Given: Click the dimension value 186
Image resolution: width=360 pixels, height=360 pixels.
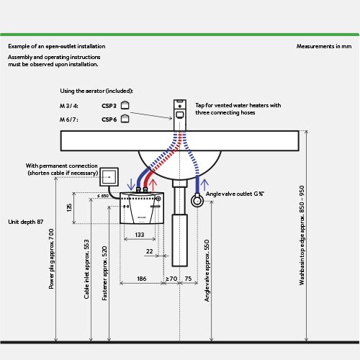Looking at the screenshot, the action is click(x=142, y=279).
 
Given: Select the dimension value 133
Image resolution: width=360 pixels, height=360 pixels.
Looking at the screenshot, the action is click(x=140, y=235).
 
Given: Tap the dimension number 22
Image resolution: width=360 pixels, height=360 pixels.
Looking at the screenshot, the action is click(x=149, y=251).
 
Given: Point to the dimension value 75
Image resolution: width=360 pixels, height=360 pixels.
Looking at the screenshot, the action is click(x=188, y=279).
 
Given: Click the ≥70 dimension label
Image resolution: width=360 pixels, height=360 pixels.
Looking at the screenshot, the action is click(x=171, y=279).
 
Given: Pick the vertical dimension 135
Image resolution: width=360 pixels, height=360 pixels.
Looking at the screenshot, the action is click(x=69, y=207).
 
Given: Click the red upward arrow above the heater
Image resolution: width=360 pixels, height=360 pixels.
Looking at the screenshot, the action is click(x=153, y=185).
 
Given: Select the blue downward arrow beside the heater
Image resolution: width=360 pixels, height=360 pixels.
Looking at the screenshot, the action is click(x=131, y=184).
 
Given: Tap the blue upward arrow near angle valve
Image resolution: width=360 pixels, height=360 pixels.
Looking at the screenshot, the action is click(x=204, y=185).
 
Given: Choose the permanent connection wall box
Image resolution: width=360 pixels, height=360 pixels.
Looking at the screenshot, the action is click(x=109, y=177).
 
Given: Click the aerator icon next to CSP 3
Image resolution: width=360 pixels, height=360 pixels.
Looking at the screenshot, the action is click(x=125, y=105).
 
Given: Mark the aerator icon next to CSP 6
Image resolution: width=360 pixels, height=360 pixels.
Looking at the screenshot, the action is click(x=125, y=119).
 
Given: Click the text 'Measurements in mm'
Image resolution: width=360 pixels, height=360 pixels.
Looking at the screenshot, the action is click(x=324, y=46).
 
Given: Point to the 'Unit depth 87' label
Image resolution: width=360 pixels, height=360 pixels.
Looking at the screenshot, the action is click(x=26, y=222).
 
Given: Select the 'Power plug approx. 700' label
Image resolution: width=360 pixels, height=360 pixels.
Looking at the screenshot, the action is click(x=51, y=258).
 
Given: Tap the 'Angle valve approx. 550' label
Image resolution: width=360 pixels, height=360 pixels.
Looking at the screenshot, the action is click(x=207, y=271).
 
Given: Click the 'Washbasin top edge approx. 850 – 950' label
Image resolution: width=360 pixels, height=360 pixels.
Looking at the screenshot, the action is click(x=302, y=235).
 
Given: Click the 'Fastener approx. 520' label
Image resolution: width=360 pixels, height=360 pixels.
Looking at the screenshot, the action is click(x=104, y=273).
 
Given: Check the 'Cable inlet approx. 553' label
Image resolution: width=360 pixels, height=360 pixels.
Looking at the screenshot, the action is click(x=86, y=269).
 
